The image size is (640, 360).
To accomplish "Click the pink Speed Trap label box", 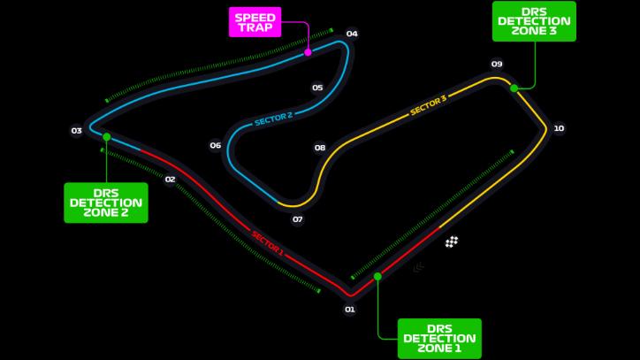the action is [x=253, y=22].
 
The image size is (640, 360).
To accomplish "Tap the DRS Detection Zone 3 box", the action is [x=534, y=21].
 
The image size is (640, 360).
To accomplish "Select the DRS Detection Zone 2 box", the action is [x=106, y=202].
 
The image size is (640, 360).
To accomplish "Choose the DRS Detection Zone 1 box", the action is [x=439, y=338].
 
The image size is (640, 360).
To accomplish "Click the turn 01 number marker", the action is [x=350, y=309].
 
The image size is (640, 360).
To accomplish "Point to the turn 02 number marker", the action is [x=171, y=179].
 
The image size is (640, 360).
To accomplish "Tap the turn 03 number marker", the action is [x=77, y=131].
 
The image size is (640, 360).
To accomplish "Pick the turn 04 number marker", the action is [x=352, y=34].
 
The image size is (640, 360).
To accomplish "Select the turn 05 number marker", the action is [x=317, y=88].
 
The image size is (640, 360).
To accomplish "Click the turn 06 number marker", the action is [x=216, y=145].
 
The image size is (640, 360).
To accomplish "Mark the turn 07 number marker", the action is [x=298, y=219].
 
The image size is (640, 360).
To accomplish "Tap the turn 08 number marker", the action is [x=320, y=148].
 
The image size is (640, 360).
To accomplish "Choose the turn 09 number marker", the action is [x=497, y=64].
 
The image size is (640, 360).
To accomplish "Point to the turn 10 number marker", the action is [x=559, y=128].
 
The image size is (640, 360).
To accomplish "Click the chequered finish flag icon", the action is [x=452, y=241].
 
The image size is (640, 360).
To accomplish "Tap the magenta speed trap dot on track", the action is [x=308, y=52].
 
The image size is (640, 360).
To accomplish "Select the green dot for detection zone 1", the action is [x=377, y=276].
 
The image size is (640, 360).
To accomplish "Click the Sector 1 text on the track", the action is [x=267, y=243].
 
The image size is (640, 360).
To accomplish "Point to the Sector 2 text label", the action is [x=273, y=119].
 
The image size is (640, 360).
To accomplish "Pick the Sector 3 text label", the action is [x=428, y=105].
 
